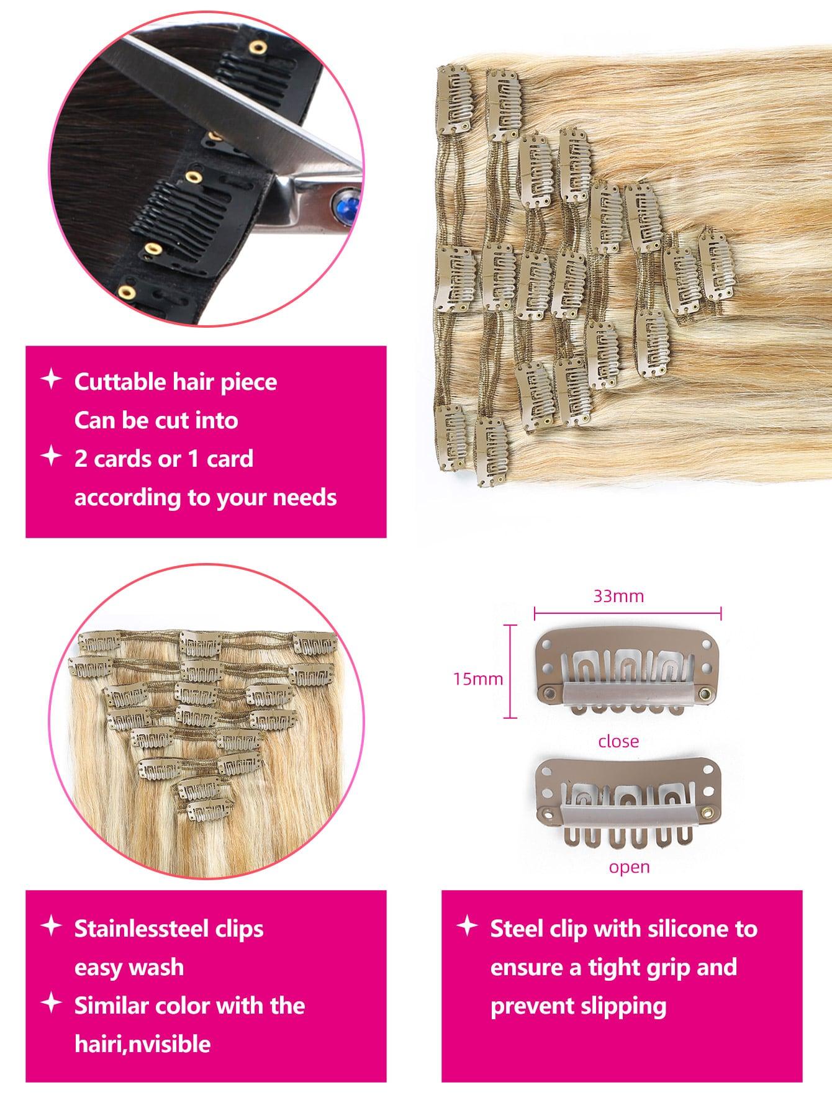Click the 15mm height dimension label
pyautogui.click(x=477, y=678)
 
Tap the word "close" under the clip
pyautogui.click(x=618, y=741)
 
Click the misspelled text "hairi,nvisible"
pyautogui.click(x=142, y=1044)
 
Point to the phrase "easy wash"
pyautogui.click(x=129, y=968)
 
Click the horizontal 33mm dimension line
pyautogui.click(x=627, y=615)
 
